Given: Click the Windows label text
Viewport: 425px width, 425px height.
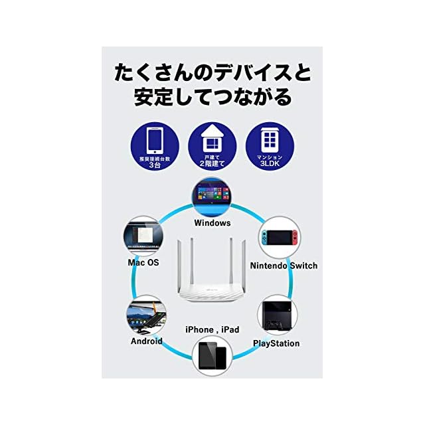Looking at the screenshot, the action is point(212,223).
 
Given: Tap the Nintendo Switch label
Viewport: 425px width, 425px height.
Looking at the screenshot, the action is point(284,266).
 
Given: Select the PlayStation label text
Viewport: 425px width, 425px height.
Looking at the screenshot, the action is point(276,343).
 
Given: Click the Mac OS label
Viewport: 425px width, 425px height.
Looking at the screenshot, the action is point(143,262).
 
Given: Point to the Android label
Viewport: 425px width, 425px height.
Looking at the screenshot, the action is point(147,341).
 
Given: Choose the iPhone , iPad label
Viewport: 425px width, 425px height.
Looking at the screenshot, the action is point(212,329).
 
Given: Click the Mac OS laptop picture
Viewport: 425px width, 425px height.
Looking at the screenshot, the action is point(144,235).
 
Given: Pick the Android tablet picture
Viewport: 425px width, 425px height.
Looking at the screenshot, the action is point(146,315).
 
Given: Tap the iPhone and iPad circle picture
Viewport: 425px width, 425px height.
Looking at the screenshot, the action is point(212,357).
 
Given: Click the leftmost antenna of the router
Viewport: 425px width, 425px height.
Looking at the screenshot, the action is point(181,266).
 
